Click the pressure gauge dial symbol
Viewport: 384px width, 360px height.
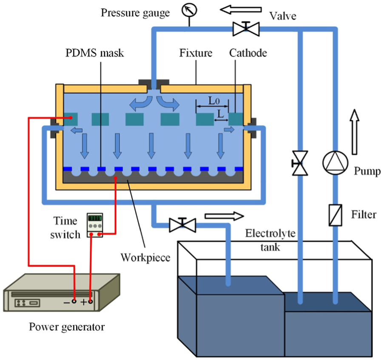[x=189, y=10]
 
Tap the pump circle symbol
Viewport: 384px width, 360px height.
[x=335, y=163]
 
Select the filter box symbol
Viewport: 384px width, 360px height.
[x=335, y=215]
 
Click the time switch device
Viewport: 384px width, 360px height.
[x=95, y=225]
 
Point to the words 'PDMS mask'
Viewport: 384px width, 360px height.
[x=94, y=53]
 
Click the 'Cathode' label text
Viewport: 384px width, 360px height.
[x=248, y=53]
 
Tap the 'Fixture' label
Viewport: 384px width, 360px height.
[x=196, y=53]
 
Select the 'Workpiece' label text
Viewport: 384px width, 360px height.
[x=145, y=258]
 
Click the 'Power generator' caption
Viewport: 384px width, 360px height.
[x=67, y=327]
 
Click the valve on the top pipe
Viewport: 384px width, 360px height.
[x=246, y=29]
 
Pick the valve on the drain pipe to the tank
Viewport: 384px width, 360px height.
[x=182, y=225]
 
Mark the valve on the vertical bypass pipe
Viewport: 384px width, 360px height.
[x=300, y=163]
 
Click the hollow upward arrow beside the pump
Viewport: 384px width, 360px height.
[x=354, y=132]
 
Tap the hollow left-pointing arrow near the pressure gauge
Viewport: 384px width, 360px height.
[x=241, y=9]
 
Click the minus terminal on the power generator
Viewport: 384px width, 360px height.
[x=74, y=301]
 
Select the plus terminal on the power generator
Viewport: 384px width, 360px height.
[x=91, y=301]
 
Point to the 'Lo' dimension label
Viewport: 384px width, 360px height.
[x=214, y=101]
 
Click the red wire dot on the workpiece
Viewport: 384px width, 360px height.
[x=116, y=178]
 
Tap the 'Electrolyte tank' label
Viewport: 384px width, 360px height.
[x=270, y=240]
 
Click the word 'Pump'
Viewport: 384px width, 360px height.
[x=367, y=171]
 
